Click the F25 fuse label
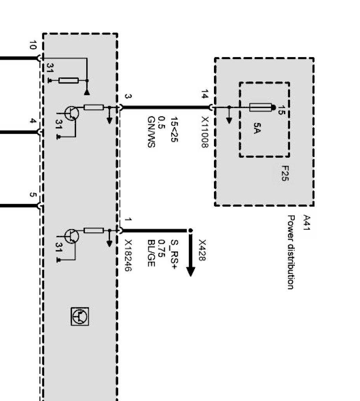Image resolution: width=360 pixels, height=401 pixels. (285, 174)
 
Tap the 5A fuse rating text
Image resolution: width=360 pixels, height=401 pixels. (257, 128)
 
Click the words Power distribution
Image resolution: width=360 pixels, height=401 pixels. (290, 253)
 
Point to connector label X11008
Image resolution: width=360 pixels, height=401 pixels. (205, 132)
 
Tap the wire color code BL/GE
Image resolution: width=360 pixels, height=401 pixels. (151, 253)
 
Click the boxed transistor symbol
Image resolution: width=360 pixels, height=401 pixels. (80, 316)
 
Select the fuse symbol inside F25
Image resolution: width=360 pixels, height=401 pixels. (260, 107)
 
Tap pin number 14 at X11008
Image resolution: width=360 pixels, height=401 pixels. (205, 94)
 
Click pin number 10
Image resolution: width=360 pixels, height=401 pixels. (33, 45)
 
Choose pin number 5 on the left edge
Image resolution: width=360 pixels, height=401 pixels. (33, 195)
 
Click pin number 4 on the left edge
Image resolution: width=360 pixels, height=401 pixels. (33, 121)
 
